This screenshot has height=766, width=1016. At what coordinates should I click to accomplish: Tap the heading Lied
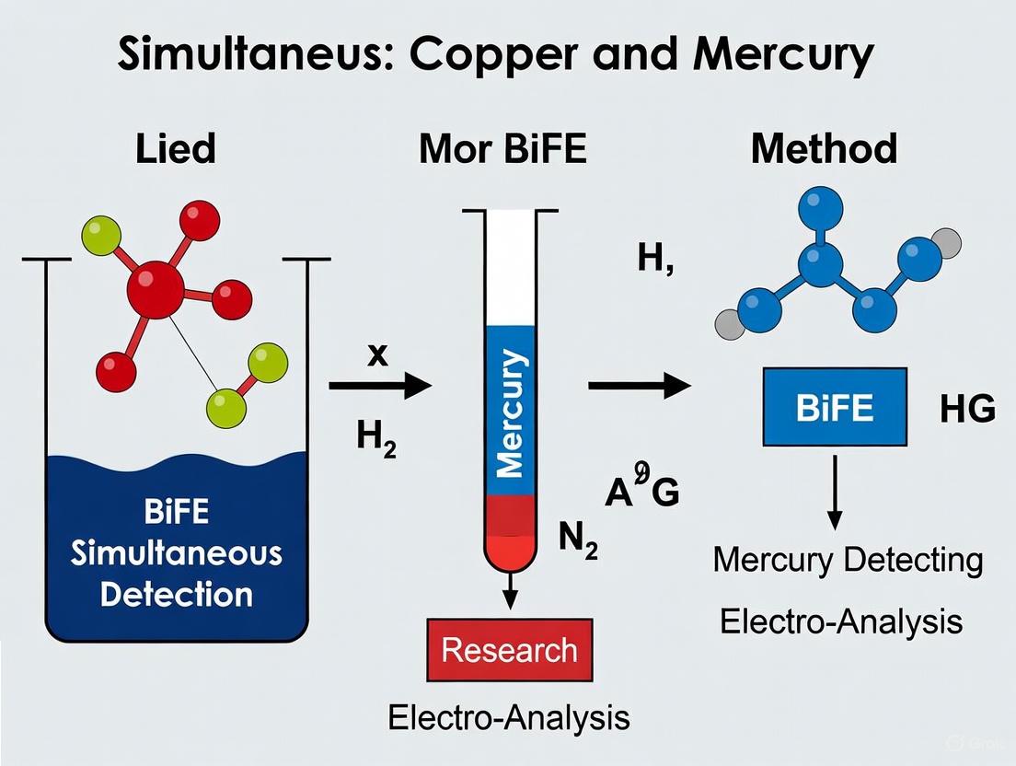[176, 148]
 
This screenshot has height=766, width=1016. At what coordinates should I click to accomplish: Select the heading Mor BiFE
[502, 148]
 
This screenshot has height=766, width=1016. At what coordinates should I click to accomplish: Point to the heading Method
[824, 148]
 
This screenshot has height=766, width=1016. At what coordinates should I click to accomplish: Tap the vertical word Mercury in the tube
[511, 411]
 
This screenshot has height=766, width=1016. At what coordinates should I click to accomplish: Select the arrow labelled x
[378, 387]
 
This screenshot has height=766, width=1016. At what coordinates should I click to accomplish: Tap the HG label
[967, 410]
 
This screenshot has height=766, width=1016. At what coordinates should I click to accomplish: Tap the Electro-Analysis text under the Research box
[509, 717]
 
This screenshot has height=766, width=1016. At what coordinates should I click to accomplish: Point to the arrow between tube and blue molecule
[639, 387]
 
